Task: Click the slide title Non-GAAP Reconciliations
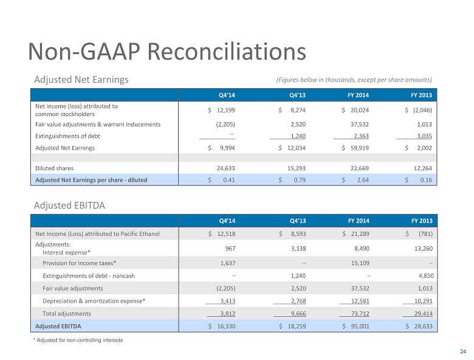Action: point(167,51)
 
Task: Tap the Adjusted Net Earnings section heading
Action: point(81,80)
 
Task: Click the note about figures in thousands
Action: point(354,80)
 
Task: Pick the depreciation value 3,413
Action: point(227,301)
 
